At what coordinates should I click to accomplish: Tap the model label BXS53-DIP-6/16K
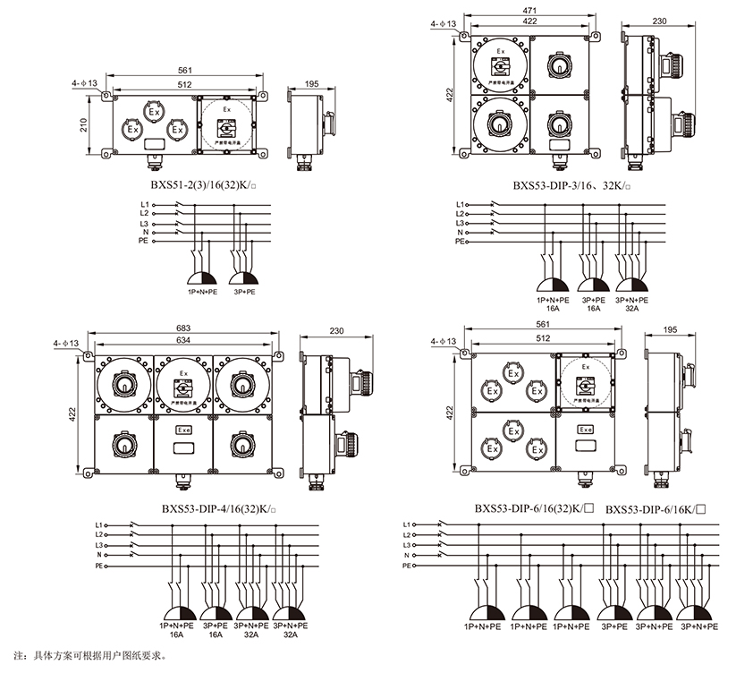pyautogui.click(x=656, y=508)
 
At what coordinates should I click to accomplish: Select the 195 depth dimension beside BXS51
pyautogui.click(x=312, y=84)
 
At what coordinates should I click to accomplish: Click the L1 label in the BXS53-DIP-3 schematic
pyautogui.click(x=460, y=204)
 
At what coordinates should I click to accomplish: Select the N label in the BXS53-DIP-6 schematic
pyautogui.click(x=408, y=556)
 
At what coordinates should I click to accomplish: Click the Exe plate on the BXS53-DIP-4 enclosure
pyautogui.click(x=183, y=430)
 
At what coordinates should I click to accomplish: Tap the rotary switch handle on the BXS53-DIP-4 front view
pyautogui.click(x=183, y=389)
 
